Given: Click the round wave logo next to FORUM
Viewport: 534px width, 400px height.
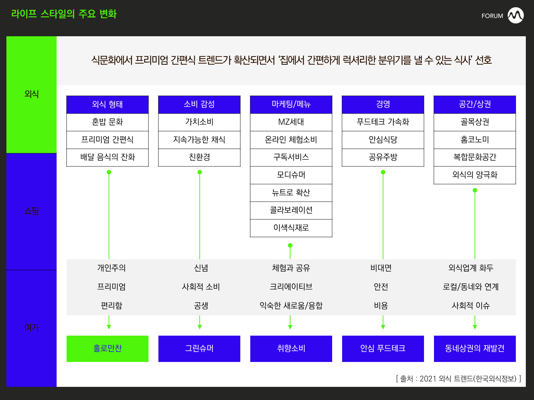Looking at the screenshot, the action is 515,15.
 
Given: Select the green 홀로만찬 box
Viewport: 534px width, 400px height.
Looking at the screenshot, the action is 107,348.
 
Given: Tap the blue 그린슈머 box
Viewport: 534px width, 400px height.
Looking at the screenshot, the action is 199,348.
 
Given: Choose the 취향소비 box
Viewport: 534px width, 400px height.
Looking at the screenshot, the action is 291,348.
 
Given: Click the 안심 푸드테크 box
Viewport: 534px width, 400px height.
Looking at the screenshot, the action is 383,348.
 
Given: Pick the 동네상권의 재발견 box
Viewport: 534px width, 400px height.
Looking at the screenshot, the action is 475,348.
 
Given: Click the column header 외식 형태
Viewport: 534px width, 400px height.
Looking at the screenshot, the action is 107,105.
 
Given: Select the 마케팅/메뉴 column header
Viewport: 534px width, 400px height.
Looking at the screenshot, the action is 291,105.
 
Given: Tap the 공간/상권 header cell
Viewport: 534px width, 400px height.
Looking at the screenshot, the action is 475,105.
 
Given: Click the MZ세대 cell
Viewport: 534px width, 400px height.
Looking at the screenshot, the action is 291,122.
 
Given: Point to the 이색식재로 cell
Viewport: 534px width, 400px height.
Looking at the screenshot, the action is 291,228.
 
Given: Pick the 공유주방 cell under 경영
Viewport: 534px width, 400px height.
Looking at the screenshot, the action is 383,158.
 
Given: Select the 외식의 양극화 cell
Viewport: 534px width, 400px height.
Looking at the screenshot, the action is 475,175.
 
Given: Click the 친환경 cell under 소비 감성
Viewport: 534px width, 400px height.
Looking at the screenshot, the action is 199,158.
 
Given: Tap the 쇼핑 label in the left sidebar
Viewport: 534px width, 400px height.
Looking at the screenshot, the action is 31,211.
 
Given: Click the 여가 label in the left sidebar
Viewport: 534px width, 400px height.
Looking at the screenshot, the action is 31,327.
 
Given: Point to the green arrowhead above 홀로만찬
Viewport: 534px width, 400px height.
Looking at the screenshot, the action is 109,327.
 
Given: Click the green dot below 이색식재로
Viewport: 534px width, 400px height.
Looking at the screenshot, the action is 290,245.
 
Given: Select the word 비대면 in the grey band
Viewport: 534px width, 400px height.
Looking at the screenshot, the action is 381,268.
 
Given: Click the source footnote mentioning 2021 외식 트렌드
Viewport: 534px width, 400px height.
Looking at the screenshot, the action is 459,378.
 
